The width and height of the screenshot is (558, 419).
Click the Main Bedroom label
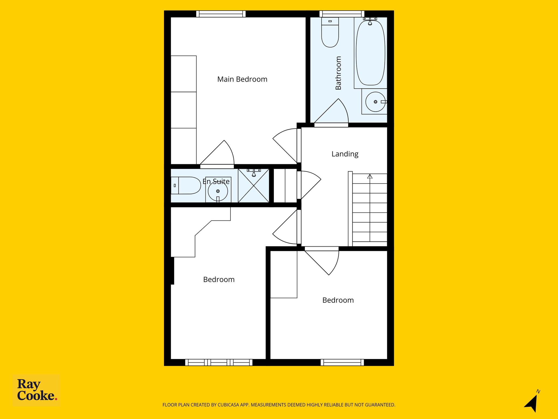pos(242,79)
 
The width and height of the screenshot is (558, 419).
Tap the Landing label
pos(345,154)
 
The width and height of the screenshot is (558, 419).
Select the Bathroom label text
pos(338,73)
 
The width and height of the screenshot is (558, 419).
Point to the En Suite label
pos(216,181)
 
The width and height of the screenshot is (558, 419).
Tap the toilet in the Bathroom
pos(330,32)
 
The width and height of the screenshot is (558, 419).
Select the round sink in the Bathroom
pos(375,102)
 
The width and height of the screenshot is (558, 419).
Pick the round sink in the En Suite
pos(218,191)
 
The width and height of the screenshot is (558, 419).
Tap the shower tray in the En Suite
pos(254,186)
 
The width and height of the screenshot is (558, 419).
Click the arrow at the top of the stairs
pos(370,176)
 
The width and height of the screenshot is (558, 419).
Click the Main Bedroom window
pos(221,14)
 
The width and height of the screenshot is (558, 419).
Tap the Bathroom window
pos(342,14)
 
